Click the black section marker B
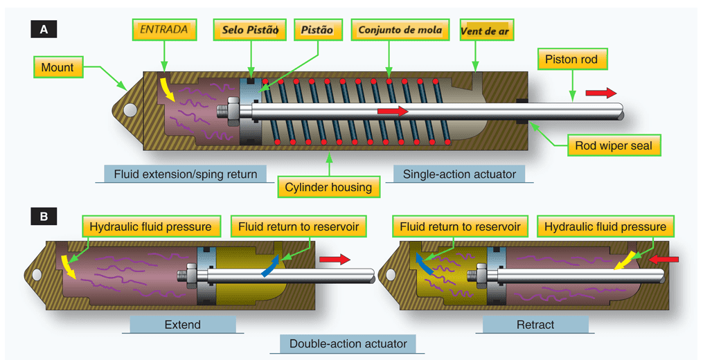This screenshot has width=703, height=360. point(44,217)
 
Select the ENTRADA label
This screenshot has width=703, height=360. point(163,30)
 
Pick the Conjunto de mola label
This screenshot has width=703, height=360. point(400,30)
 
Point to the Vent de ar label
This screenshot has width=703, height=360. point(487,31)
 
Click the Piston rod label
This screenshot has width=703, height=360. point(571,59)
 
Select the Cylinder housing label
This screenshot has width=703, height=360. point(329,186)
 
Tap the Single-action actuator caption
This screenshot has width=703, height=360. point(459,174)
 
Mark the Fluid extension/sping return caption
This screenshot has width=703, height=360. point(185,174)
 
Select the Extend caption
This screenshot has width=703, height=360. point(183,324)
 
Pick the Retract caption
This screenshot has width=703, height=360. point(535,324)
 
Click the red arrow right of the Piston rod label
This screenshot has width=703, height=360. point(600,93)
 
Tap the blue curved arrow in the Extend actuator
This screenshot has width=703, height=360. point(272,266)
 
